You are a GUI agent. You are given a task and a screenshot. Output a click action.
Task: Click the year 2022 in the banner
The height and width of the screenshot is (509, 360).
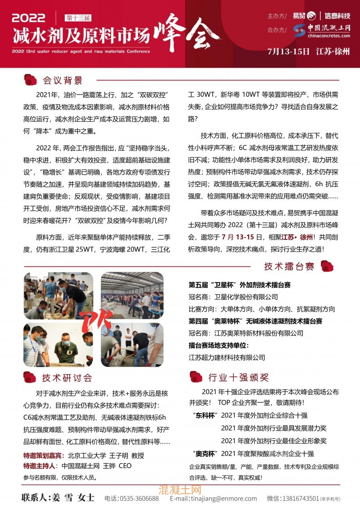point(29,18)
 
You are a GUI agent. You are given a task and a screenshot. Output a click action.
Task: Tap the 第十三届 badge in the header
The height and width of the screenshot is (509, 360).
point(78,18)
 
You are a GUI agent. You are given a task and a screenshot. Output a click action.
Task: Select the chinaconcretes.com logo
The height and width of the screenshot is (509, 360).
point(321,30)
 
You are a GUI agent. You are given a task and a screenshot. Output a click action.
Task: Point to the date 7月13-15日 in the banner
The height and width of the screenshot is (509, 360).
point(288,51)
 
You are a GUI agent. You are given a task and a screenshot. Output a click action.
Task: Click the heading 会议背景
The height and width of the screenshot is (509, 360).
point(63,81)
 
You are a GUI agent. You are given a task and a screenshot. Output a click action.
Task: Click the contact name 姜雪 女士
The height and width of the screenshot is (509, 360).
point(58,498)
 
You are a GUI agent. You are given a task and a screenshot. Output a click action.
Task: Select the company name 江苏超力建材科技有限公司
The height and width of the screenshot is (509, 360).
point(227,357)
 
